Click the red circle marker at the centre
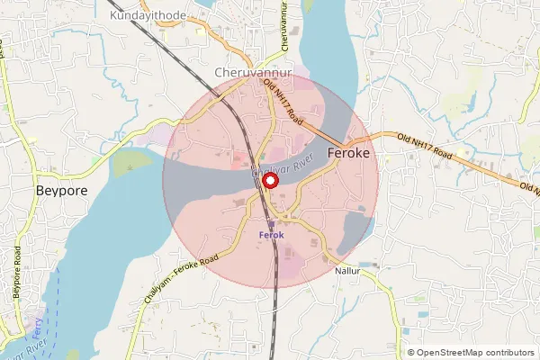[270, 183]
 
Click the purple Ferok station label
[271, 235]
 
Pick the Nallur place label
[346, 270]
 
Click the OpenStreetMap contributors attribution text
[475, 352]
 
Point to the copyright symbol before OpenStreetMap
[411, 352]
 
